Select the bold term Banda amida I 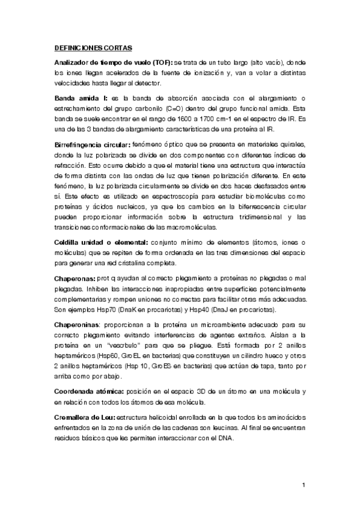click(74, 98)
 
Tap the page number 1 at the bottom click(304, 484)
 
